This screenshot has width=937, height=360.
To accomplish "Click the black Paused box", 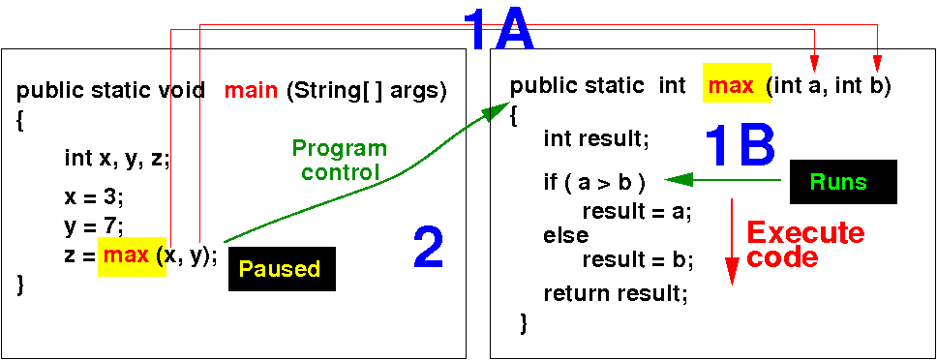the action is coord(282,268).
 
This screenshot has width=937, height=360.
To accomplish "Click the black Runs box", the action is coord(843,182).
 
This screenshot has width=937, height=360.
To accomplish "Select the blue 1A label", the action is coord(499,29).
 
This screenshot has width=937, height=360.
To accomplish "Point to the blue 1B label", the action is coord(740,145).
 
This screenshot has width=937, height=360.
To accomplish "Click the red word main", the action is coord(251,91).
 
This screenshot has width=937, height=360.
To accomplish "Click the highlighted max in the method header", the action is coord(737,86).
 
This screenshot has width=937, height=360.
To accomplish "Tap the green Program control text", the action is coord(340,160).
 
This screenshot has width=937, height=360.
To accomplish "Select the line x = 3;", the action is coord(94,198).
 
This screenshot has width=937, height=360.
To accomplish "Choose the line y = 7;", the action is coord(94,226).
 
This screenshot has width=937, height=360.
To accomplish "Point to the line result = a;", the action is coord(637,212).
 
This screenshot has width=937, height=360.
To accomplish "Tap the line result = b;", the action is coord(637,260).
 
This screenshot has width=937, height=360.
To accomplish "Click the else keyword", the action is coord(566,236).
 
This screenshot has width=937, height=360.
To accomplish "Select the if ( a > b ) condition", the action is coord(594,183).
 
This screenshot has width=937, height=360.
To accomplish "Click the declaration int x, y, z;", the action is coord(117,160).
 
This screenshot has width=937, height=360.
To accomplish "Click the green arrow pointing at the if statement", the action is coord(722,179).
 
